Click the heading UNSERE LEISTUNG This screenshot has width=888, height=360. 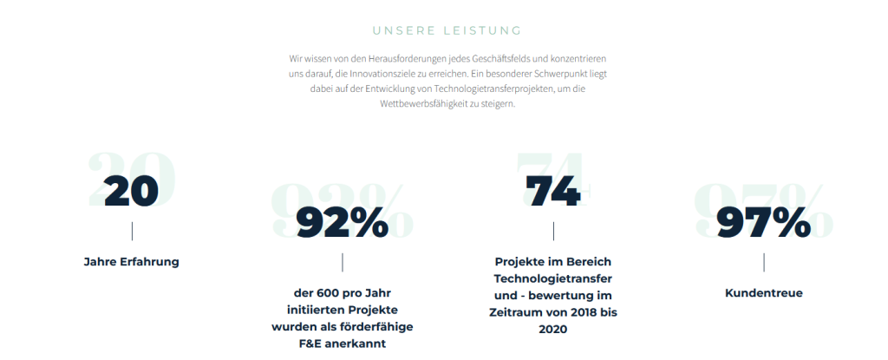447,31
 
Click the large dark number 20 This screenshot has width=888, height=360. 131,192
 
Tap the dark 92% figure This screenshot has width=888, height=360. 342,223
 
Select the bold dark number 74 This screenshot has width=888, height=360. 552,192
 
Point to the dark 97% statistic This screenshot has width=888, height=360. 763,223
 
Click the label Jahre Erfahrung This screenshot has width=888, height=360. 131,261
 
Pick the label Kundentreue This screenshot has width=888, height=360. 763,293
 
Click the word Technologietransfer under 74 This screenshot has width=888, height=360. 553,278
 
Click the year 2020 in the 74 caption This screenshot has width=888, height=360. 552,329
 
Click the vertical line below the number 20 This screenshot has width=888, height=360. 132,231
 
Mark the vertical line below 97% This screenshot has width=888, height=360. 764,262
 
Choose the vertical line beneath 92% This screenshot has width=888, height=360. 343,262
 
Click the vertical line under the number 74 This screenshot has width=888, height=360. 553,231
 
